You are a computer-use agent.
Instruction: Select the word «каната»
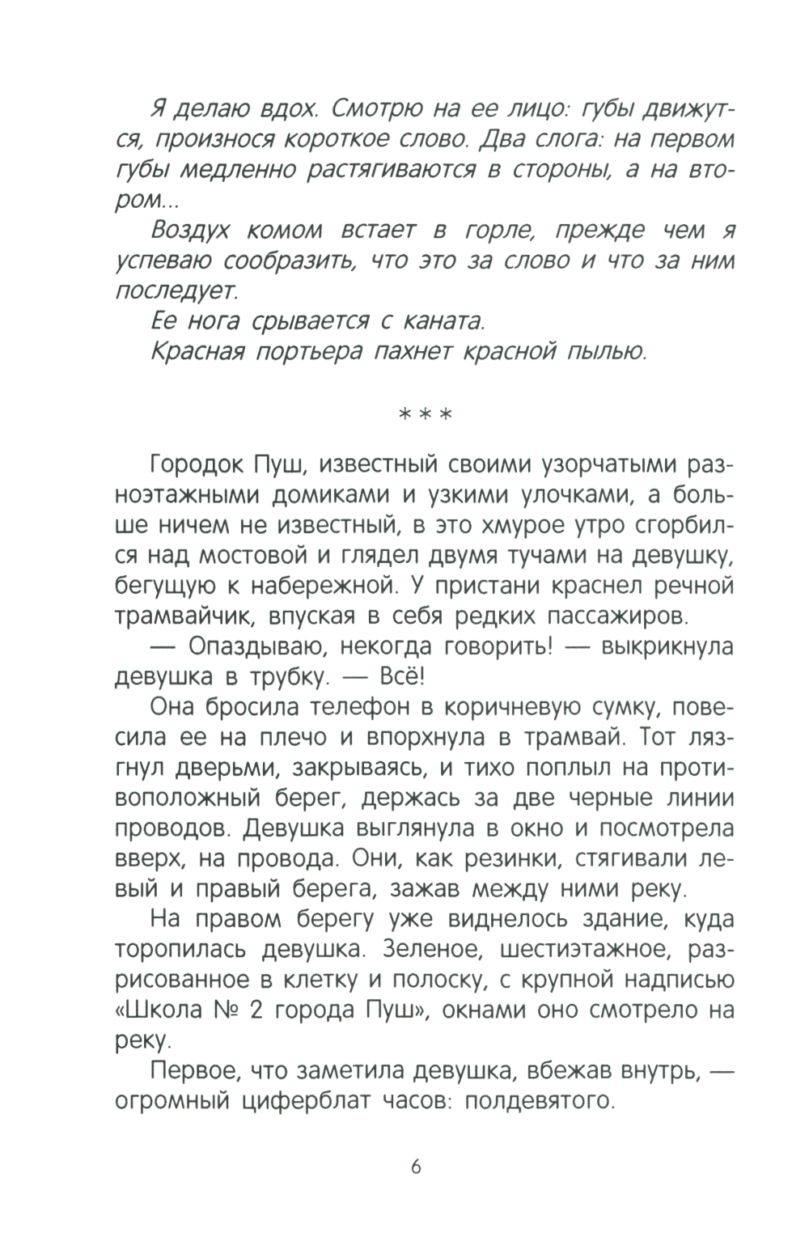[441, 322]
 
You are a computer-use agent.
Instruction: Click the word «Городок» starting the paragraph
[195, 466]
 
